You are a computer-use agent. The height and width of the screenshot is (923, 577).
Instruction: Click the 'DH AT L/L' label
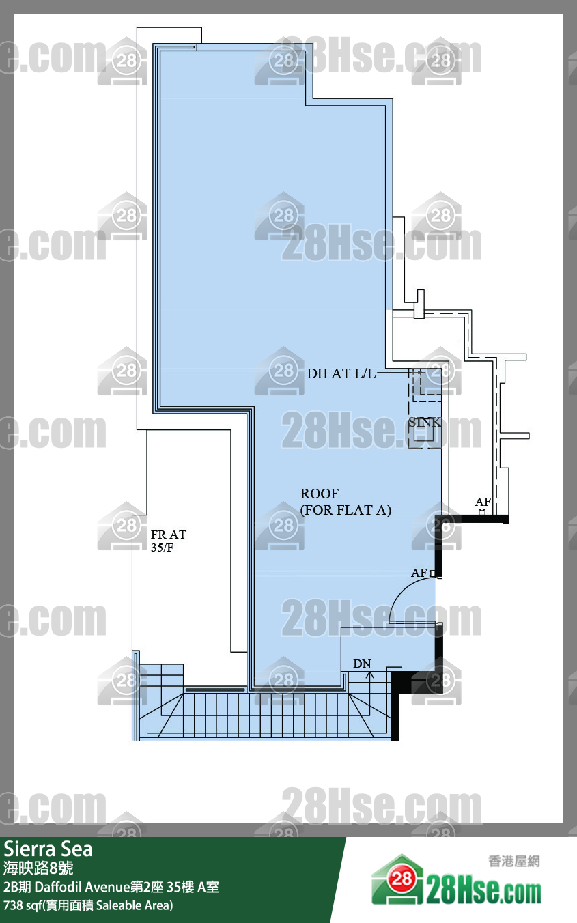click(x=341, y=373)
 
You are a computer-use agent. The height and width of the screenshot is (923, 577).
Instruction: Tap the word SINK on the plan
click(x=425, y=422)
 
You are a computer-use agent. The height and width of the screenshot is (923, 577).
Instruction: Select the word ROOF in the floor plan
click(x=320, y=493)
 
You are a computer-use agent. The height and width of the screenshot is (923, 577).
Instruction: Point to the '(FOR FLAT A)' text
click(x=346, y=510)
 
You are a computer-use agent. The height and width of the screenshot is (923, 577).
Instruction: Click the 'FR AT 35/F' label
click(x=169, y=541)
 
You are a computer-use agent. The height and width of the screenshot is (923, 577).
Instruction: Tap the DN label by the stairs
click(x=362, y=664)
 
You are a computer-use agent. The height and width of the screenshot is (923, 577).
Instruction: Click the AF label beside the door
click(x=419, y=573)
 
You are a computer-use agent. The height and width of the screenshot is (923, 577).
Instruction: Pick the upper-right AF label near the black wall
click(x=483, y=502)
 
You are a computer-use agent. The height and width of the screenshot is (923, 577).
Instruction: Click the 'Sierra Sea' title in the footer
click(x=48, y=849)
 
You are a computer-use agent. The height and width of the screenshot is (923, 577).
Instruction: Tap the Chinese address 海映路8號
click(x=38, y=868)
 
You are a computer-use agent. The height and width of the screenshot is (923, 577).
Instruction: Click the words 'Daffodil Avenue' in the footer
click(x=82, y=887)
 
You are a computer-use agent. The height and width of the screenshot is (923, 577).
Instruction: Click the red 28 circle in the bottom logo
click(x=402, y=879)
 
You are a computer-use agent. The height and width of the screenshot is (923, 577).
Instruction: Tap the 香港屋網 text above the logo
click(x=514, y=861)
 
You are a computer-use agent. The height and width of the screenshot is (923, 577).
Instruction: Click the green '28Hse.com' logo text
click(x=484, y=892)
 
